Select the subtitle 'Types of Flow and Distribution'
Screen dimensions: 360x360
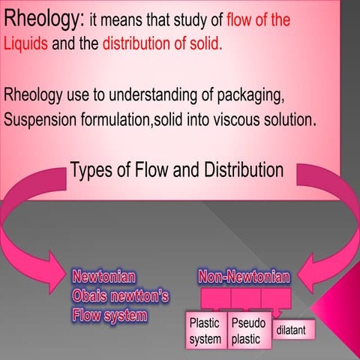(x=177, y=170)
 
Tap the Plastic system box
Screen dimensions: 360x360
(x=205, y=331)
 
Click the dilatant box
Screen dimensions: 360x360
(x=295, y=330)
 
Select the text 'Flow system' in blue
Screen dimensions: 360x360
(x=109, y=314)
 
